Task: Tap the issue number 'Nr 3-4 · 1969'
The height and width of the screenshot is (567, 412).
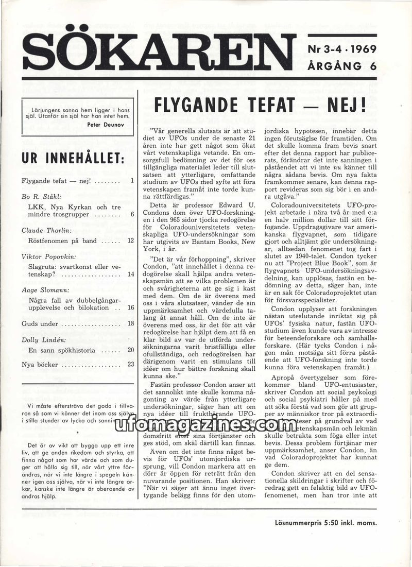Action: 342,50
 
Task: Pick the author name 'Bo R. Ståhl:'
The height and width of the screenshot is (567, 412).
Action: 42,196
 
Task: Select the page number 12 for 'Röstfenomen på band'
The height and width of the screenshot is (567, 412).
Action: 130,240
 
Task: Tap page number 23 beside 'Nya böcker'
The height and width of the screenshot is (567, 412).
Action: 130,365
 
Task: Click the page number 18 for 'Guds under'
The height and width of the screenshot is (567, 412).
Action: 130,324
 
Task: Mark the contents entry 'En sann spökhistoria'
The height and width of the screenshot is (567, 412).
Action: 62,350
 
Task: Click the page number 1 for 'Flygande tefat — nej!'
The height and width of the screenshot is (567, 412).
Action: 132,181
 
